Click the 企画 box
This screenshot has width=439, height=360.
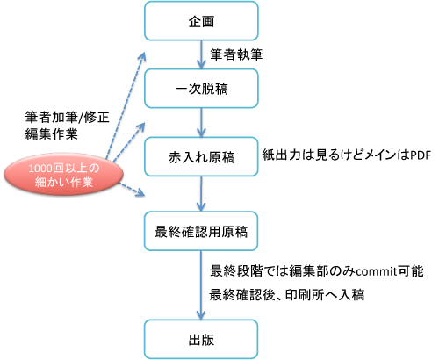pyautogui.click(x=201, y=21)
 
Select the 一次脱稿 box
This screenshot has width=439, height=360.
pyautogui.click(x=201, y=89)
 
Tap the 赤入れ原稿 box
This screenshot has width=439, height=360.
pyautogui.click(x=201, y=156)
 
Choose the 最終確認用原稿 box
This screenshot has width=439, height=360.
pyautogui.click(x=201, y=231)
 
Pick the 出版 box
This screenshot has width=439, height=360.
pyautogui.click(x=201, y=340)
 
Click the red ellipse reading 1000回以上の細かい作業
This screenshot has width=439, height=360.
pyautogui.click(x=63, y=174)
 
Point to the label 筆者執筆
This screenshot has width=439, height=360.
pyautogui.click(x=236, y=54)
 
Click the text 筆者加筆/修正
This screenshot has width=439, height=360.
pyautogui.click(x=67, y=118)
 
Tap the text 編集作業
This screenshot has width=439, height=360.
pyautogui.click(x=51, y=134)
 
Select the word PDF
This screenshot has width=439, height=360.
pyautogui.click(x=421, y=155)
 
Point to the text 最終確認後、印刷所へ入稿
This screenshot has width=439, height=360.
pyautogui.click(x=287, y=294)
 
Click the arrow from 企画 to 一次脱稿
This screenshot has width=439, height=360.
pyautogui.click(x=201, y=54)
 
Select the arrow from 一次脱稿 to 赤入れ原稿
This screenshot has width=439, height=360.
pyautogui.click(x=201, y=123)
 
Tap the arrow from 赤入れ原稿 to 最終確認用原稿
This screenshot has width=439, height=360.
pyautogui.click(x=201, y=194)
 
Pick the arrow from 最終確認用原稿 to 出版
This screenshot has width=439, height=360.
pyautogui.click(x=201, y=285)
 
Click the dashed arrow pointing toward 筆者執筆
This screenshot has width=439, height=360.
pyautogui.click(x=125, y=106)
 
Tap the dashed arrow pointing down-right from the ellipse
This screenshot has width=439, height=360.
pyautogui.click(x=132, y=189)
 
